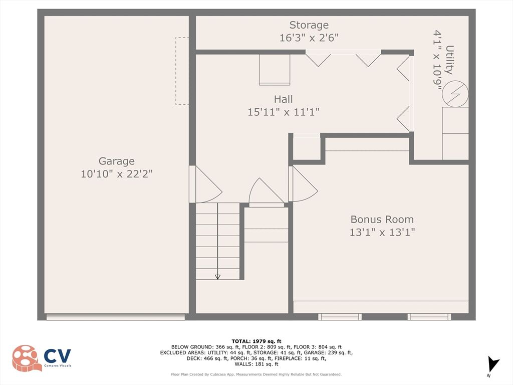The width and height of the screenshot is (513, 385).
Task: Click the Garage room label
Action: click(116, 161)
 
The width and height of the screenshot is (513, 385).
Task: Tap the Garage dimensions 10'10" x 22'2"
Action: click(116, 174)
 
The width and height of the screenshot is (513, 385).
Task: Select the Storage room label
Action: click(309, 25)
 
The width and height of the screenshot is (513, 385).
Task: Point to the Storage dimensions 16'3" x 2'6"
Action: click(309, 38)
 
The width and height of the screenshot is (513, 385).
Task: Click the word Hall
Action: click(284, 99)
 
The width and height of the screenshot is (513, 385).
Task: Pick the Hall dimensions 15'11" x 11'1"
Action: click(284, 112)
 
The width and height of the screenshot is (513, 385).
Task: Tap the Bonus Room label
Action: click(382, 220)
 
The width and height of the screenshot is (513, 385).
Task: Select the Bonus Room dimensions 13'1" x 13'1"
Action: click(382, 233)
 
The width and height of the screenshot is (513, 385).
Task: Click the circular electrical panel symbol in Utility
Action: click(455, 94)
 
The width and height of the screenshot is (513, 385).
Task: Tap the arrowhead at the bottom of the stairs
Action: click(217, 277)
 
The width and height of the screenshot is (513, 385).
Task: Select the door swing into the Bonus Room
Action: click(303, 184)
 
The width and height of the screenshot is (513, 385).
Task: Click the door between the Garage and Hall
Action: click(206, 184)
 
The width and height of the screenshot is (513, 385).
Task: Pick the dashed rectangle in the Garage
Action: click(182, 71)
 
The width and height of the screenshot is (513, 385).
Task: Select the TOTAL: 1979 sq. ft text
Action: click(256, 341)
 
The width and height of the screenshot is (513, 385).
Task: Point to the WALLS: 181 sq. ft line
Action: click(256, 364)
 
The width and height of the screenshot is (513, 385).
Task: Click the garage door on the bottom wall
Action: click(116, 317)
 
